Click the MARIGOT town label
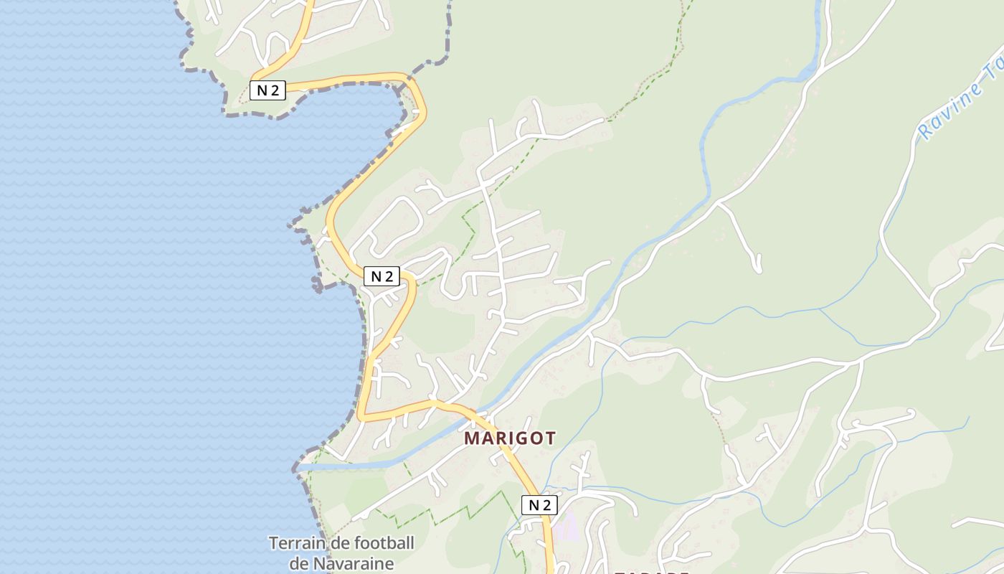click(510, 438)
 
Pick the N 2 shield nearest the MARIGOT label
click(539, 505)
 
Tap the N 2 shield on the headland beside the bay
click(267, 90)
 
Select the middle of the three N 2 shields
click(382, 276)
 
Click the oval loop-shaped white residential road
click(394, 226)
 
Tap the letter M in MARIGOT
click(473, 438)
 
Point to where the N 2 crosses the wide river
click(482, 415)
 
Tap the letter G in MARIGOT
click(521, 438)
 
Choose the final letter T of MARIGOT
click(550, 438)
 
